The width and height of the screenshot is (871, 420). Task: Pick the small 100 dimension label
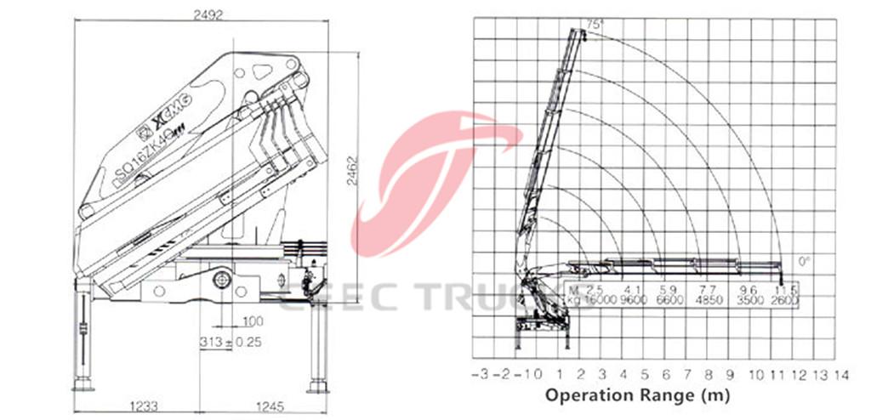[x=252, y=321]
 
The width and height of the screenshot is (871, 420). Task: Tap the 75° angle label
[x=594, y=25]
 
